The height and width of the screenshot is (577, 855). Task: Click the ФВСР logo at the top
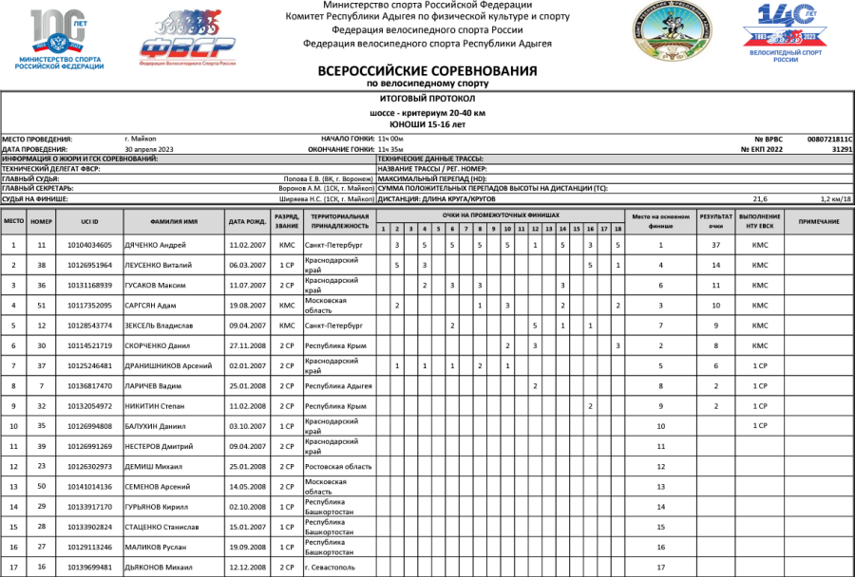(x=188, y=37)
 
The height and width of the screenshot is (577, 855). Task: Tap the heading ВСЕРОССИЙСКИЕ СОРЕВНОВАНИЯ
(x=427, y=71)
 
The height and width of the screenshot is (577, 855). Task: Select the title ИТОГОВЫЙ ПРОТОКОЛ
(x=427, y=99)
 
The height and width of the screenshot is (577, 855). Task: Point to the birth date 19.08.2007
(x=246, y=306)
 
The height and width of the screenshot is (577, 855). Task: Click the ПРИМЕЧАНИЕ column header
(x=818, y=221)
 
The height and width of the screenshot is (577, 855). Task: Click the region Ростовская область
(x=332, y=467)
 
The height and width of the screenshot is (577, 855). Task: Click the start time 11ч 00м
(x=390, y=139)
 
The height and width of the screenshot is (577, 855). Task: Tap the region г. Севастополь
(x=328, y=568)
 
